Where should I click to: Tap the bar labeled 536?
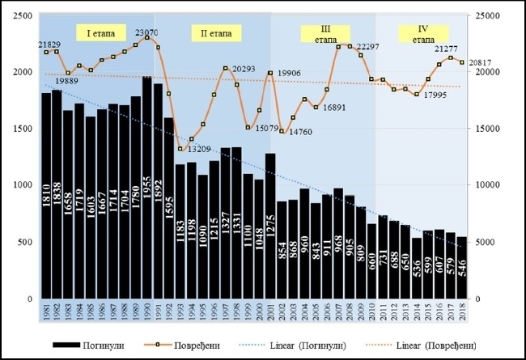click(x=417, y=268)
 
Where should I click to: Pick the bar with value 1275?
click(x=270, y=226)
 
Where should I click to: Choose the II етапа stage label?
click(x=211, y=33)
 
